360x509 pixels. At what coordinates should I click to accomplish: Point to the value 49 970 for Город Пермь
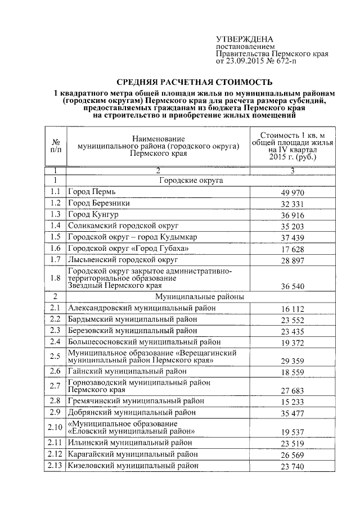(x=292, y=193)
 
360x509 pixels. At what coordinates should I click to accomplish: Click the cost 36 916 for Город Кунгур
(x=292, y=215)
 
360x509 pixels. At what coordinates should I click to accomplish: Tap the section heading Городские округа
(x=191, y=181)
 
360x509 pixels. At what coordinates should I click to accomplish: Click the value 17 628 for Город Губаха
(x=292, y=249)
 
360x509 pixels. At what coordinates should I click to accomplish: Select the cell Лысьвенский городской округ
(x=123, y=259)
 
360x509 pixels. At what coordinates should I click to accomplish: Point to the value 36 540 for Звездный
(x=292, y=286)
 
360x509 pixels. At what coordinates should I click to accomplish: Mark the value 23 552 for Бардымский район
(x=292, y=319)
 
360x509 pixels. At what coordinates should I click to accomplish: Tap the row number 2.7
(x=56, y=386)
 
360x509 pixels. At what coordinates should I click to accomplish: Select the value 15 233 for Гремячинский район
(x=292, y=402)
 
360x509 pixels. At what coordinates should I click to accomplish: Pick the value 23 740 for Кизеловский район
(x=292, y=466)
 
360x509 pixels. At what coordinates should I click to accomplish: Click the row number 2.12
(x=56, y=454)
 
